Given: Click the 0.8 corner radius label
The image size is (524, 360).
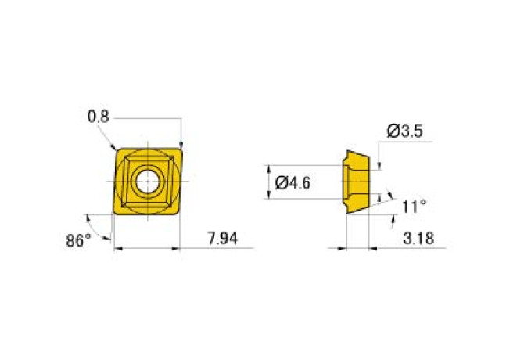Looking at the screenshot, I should click(x=98, y=117).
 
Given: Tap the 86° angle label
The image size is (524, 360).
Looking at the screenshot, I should click(x=79, y=240).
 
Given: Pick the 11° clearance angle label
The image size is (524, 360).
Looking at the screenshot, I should click(x=414, y=207).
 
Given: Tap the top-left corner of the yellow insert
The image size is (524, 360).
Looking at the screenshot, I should click(x=117, y=151).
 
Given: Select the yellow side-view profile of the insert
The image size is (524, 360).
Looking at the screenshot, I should click(x=357, y=182).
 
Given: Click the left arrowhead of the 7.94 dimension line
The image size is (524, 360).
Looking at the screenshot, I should click(x=117, y=249).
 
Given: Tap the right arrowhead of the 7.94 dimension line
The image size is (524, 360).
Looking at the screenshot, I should click(x=178, y=249).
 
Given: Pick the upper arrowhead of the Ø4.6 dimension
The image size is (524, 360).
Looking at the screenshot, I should click(x=268, y=167).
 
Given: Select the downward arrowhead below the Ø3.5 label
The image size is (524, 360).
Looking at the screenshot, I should click(x=379, y=166).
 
